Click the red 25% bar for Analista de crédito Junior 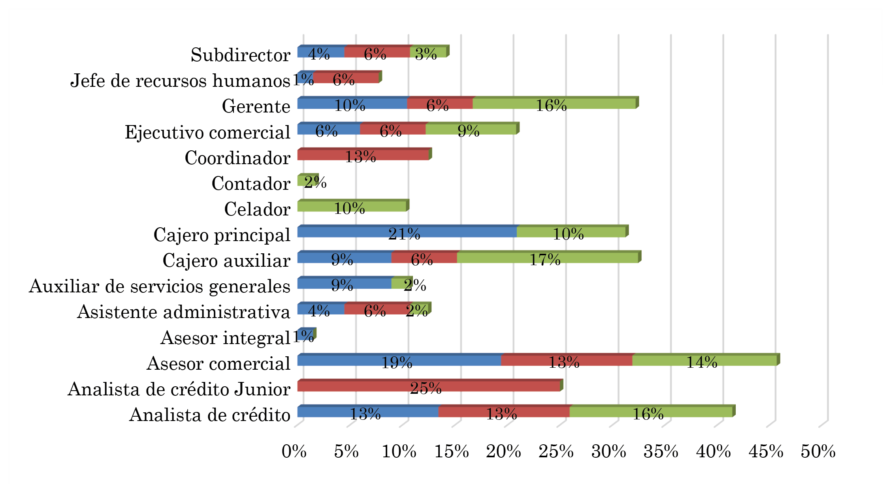pos(429,386)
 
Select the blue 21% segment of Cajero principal pos(407,232)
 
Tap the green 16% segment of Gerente pos(554,103)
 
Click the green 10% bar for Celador pos(352,206)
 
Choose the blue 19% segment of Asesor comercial pos(399,361)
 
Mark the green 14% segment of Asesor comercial pos(704,361)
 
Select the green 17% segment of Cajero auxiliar pos(547,258)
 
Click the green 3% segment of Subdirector pos(428,52)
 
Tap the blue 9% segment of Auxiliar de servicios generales pos(344,283)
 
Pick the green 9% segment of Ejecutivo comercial pos(471,129)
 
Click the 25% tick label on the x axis pos(556,451)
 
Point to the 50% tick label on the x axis pos(818,451)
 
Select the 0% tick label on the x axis pos(294,451)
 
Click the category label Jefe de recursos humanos pos(180,81)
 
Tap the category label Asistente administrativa pos(184,312)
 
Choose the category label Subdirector pos(240,55)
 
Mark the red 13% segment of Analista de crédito pos(504,412)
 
